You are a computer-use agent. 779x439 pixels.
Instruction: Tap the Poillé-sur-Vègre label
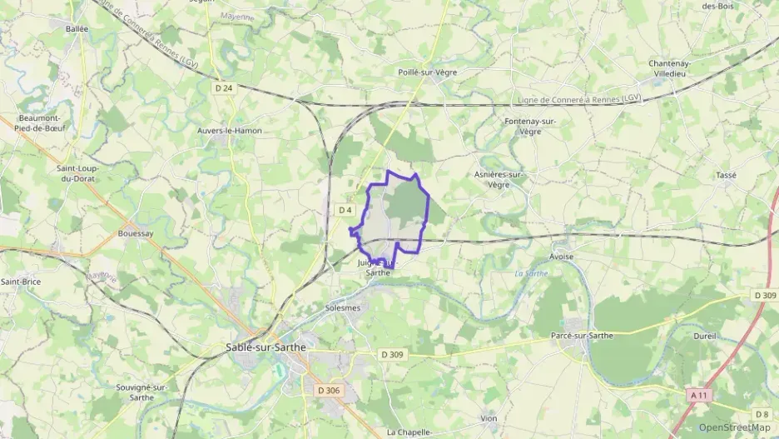[428, 72]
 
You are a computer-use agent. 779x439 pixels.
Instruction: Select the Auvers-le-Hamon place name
[230, 131]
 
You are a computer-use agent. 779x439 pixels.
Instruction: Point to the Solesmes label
[342, 307]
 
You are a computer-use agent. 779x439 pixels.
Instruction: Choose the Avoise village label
[562, 257]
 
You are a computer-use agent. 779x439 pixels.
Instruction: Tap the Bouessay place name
[136, 234]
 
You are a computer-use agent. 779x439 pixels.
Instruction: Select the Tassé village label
[726, 175]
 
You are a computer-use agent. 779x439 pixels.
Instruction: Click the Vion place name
[489, 418]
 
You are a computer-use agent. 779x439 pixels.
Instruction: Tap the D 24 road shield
[223, 87]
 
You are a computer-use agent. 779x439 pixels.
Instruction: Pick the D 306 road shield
[330, 390]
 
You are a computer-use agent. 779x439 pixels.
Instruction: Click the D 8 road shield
[762, 414]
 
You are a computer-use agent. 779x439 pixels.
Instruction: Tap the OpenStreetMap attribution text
[734, 427]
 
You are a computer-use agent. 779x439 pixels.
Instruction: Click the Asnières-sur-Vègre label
[499, 180]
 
